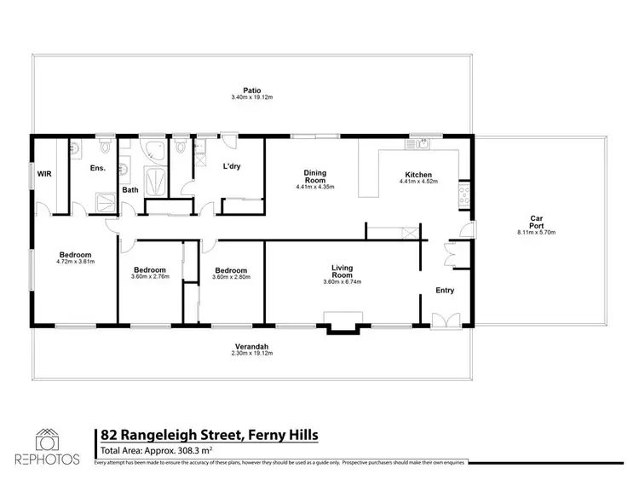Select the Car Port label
coord(536,218)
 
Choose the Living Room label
coord(342,272)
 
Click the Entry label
coord(444,290)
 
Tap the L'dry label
coord(232,167)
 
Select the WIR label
coord(43,174)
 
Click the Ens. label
coord(98,168)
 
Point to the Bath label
coord(130,190)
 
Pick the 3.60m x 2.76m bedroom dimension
coord(150,276)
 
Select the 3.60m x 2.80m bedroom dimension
coord(232,276)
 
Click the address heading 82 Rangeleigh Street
coord(210,436)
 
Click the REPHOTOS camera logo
coord(47,441)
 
